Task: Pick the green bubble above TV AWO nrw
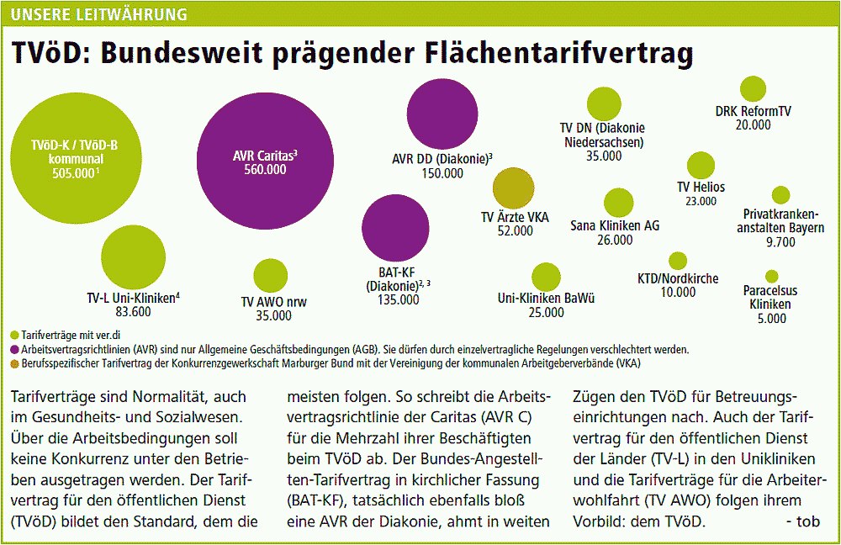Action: pyautogui.click(x=270, y=276)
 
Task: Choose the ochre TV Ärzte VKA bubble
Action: pyautogui.click(x=514, y=188)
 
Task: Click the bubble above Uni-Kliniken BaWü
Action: pyautogui.click(x=546, y=277)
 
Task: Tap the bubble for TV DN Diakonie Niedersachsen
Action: pyautogui.click(x=603, y=103)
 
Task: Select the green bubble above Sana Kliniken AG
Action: pyautogui.click(x=618, y=203)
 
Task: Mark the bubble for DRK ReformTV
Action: pyautogui.click(x=753, y=89)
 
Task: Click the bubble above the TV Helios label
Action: pyautogui.click(x=701, y=166)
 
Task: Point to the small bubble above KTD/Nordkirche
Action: pyautogui.click(x=678, y=261)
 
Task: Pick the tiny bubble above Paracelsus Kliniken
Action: pyautogui.click(x=771, y=276)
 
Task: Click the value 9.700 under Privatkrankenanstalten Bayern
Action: pyautogui.click(x=781, y=242)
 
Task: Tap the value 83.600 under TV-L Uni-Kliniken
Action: pyautogui.click(x=130, y=312)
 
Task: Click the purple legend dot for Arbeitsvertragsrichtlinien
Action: pyautogui.click(x=13, y=348)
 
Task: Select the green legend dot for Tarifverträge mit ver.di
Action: pyautogui.click(x=13, y=335)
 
